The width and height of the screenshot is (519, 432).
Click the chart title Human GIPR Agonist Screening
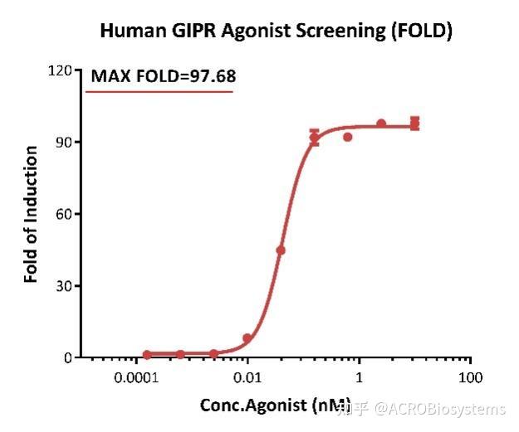276,32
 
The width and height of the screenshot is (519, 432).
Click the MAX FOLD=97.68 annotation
164,76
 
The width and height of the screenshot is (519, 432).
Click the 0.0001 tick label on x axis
136,378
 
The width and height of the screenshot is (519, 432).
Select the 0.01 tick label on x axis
247,378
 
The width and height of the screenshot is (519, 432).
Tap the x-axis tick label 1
360,378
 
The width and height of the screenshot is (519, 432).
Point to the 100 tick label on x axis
471,378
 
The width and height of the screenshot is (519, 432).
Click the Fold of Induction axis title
32,214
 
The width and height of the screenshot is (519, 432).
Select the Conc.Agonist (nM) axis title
275,405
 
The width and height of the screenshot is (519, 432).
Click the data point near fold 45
281,250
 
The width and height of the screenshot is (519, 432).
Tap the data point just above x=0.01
247,338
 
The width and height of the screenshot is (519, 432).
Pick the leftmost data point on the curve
147,355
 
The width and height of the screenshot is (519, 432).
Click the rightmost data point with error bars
414,124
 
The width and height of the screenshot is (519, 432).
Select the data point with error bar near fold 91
314,137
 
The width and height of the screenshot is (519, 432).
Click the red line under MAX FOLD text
159,91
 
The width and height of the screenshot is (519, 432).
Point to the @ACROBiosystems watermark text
439,409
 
